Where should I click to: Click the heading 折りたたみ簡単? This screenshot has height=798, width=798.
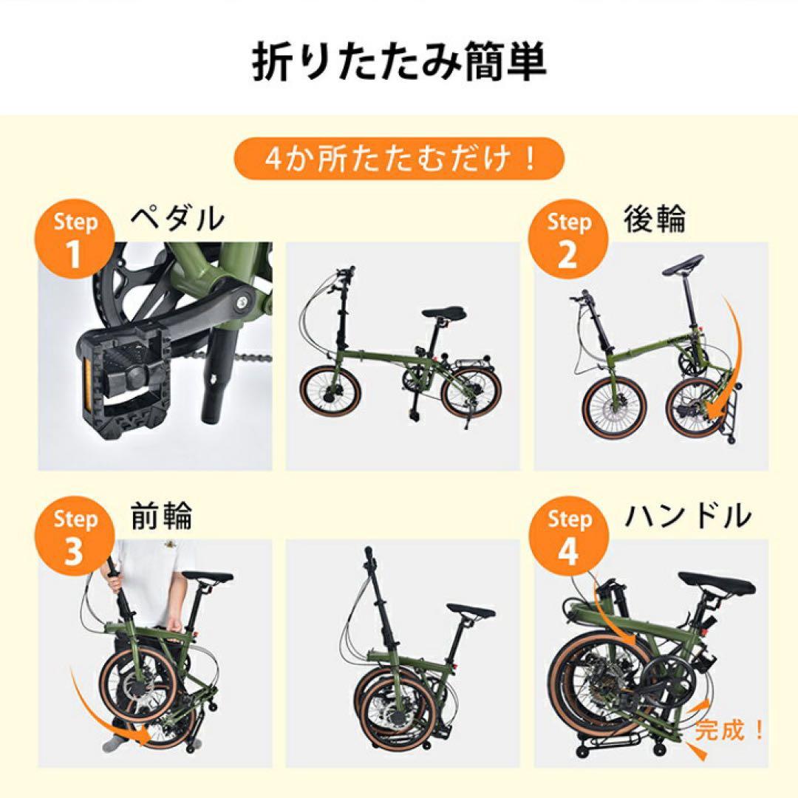point(399,64)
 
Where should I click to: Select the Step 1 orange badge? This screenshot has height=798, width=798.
point(75,239)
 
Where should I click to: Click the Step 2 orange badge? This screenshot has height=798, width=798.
point(568,239)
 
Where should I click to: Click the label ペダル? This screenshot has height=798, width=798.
point(177,219)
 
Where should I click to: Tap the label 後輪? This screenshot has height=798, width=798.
point(655,219)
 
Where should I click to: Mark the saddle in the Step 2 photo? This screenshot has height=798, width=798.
point(683,264)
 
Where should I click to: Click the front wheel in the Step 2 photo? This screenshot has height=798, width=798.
point(609,406)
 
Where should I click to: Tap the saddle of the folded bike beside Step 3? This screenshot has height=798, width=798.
point(469,613)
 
